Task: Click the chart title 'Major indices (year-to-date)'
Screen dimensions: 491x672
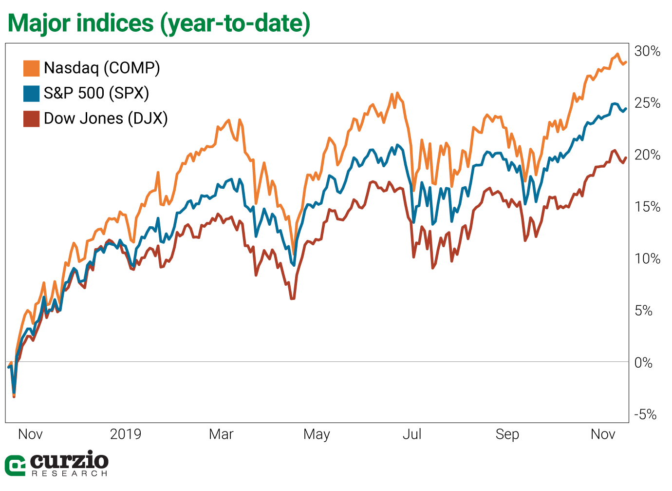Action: coord(159,23)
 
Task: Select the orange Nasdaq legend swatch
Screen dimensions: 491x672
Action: coord(31,68)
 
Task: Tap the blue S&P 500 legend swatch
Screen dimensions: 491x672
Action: coord(31,94)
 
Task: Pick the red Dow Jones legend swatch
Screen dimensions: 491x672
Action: coord(31,119)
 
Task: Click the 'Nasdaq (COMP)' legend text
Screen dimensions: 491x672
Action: coord(102,68)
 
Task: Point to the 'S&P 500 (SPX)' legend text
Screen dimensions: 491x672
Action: coord(96,93)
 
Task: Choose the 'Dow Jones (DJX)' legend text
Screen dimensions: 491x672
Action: coord(106,118)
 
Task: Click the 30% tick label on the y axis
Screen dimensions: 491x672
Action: coord(647,51)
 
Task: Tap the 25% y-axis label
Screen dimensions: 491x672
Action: coord(647,103)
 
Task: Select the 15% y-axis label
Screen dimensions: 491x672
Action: coord(647,207)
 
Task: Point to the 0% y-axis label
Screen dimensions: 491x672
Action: coord(644,363)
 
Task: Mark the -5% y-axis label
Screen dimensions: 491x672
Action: coord(645,415)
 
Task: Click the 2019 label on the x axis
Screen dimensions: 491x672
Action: coord(126,434)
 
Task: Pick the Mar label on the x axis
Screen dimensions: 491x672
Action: coord(221,434)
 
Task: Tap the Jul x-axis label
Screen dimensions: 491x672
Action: coord(412,434)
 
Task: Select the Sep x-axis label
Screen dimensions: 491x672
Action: coord(507,434)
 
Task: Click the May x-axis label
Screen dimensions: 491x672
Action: coord(317,434)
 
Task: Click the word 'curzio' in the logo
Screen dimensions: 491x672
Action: coord(69,460)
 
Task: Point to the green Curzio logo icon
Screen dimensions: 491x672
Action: coord(15,466)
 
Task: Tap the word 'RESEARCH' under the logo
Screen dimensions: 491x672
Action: coord(69,473)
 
